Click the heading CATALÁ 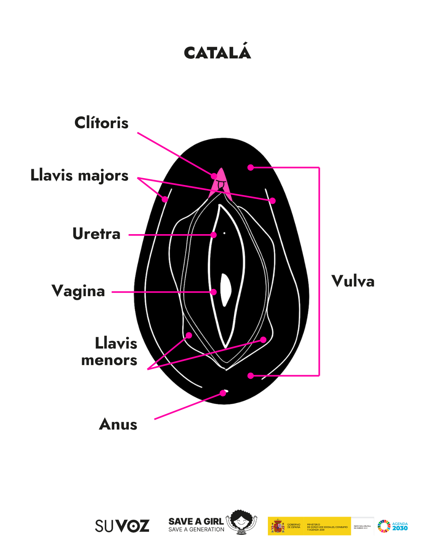click(x=217, y=53)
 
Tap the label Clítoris click(x=101, y=123)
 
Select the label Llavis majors click(x=80, y=176)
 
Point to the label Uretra click(x=97, y=234)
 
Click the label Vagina click(x=79, y=291)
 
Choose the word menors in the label click(x=109, y=360)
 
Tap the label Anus click(x=118, y=424)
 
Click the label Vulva click(x=353, y=281)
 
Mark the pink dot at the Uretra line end click(x=214, y=235)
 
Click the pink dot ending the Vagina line click(x=214, y=292)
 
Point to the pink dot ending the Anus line click(x=223, y=393)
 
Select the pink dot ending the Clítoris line click(x=214, y=176)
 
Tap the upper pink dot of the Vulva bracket click(x=251, y=167)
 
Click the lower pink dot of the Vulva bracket click(x=251, y=376)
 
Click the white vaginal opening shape click(x=226, y=289)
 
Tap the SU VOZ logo click(x=122, y=526)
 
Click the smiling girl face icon click(x=241, y=522)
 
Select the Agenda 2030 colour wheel click(x=384, y=526)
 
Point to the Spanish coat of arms click(x=278, y=526)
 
